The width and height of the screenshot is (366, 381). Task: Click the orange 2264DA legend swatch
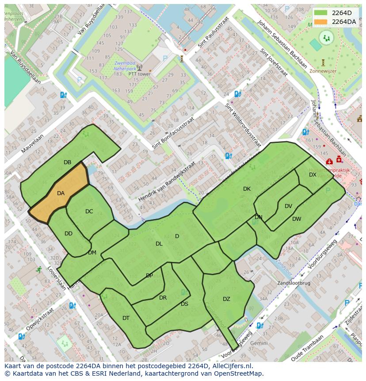321,21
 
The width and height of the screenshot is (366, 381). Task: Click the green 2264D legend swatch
321,13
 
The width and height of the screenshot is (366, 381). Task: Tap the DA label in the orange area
61,193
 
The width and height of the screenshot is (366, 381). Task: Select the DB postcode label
67,162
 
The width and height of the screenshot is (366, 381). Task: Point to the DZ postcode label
226,299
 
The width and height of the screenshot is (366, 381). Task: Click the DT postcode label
126,318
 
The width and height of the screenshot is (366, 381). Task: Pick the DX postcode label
313,175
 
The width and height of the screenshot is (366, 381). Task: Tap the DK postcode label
247,189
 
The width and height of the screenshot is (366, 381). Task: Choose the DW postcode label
297,219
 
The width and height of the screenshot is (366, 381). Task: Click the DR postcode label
163,298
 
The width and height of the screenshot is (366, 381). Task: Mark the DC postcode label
89,212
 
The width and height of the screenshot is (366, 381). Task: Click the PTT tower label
139,74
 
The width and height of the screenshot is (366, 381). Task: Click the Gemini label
259,343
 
